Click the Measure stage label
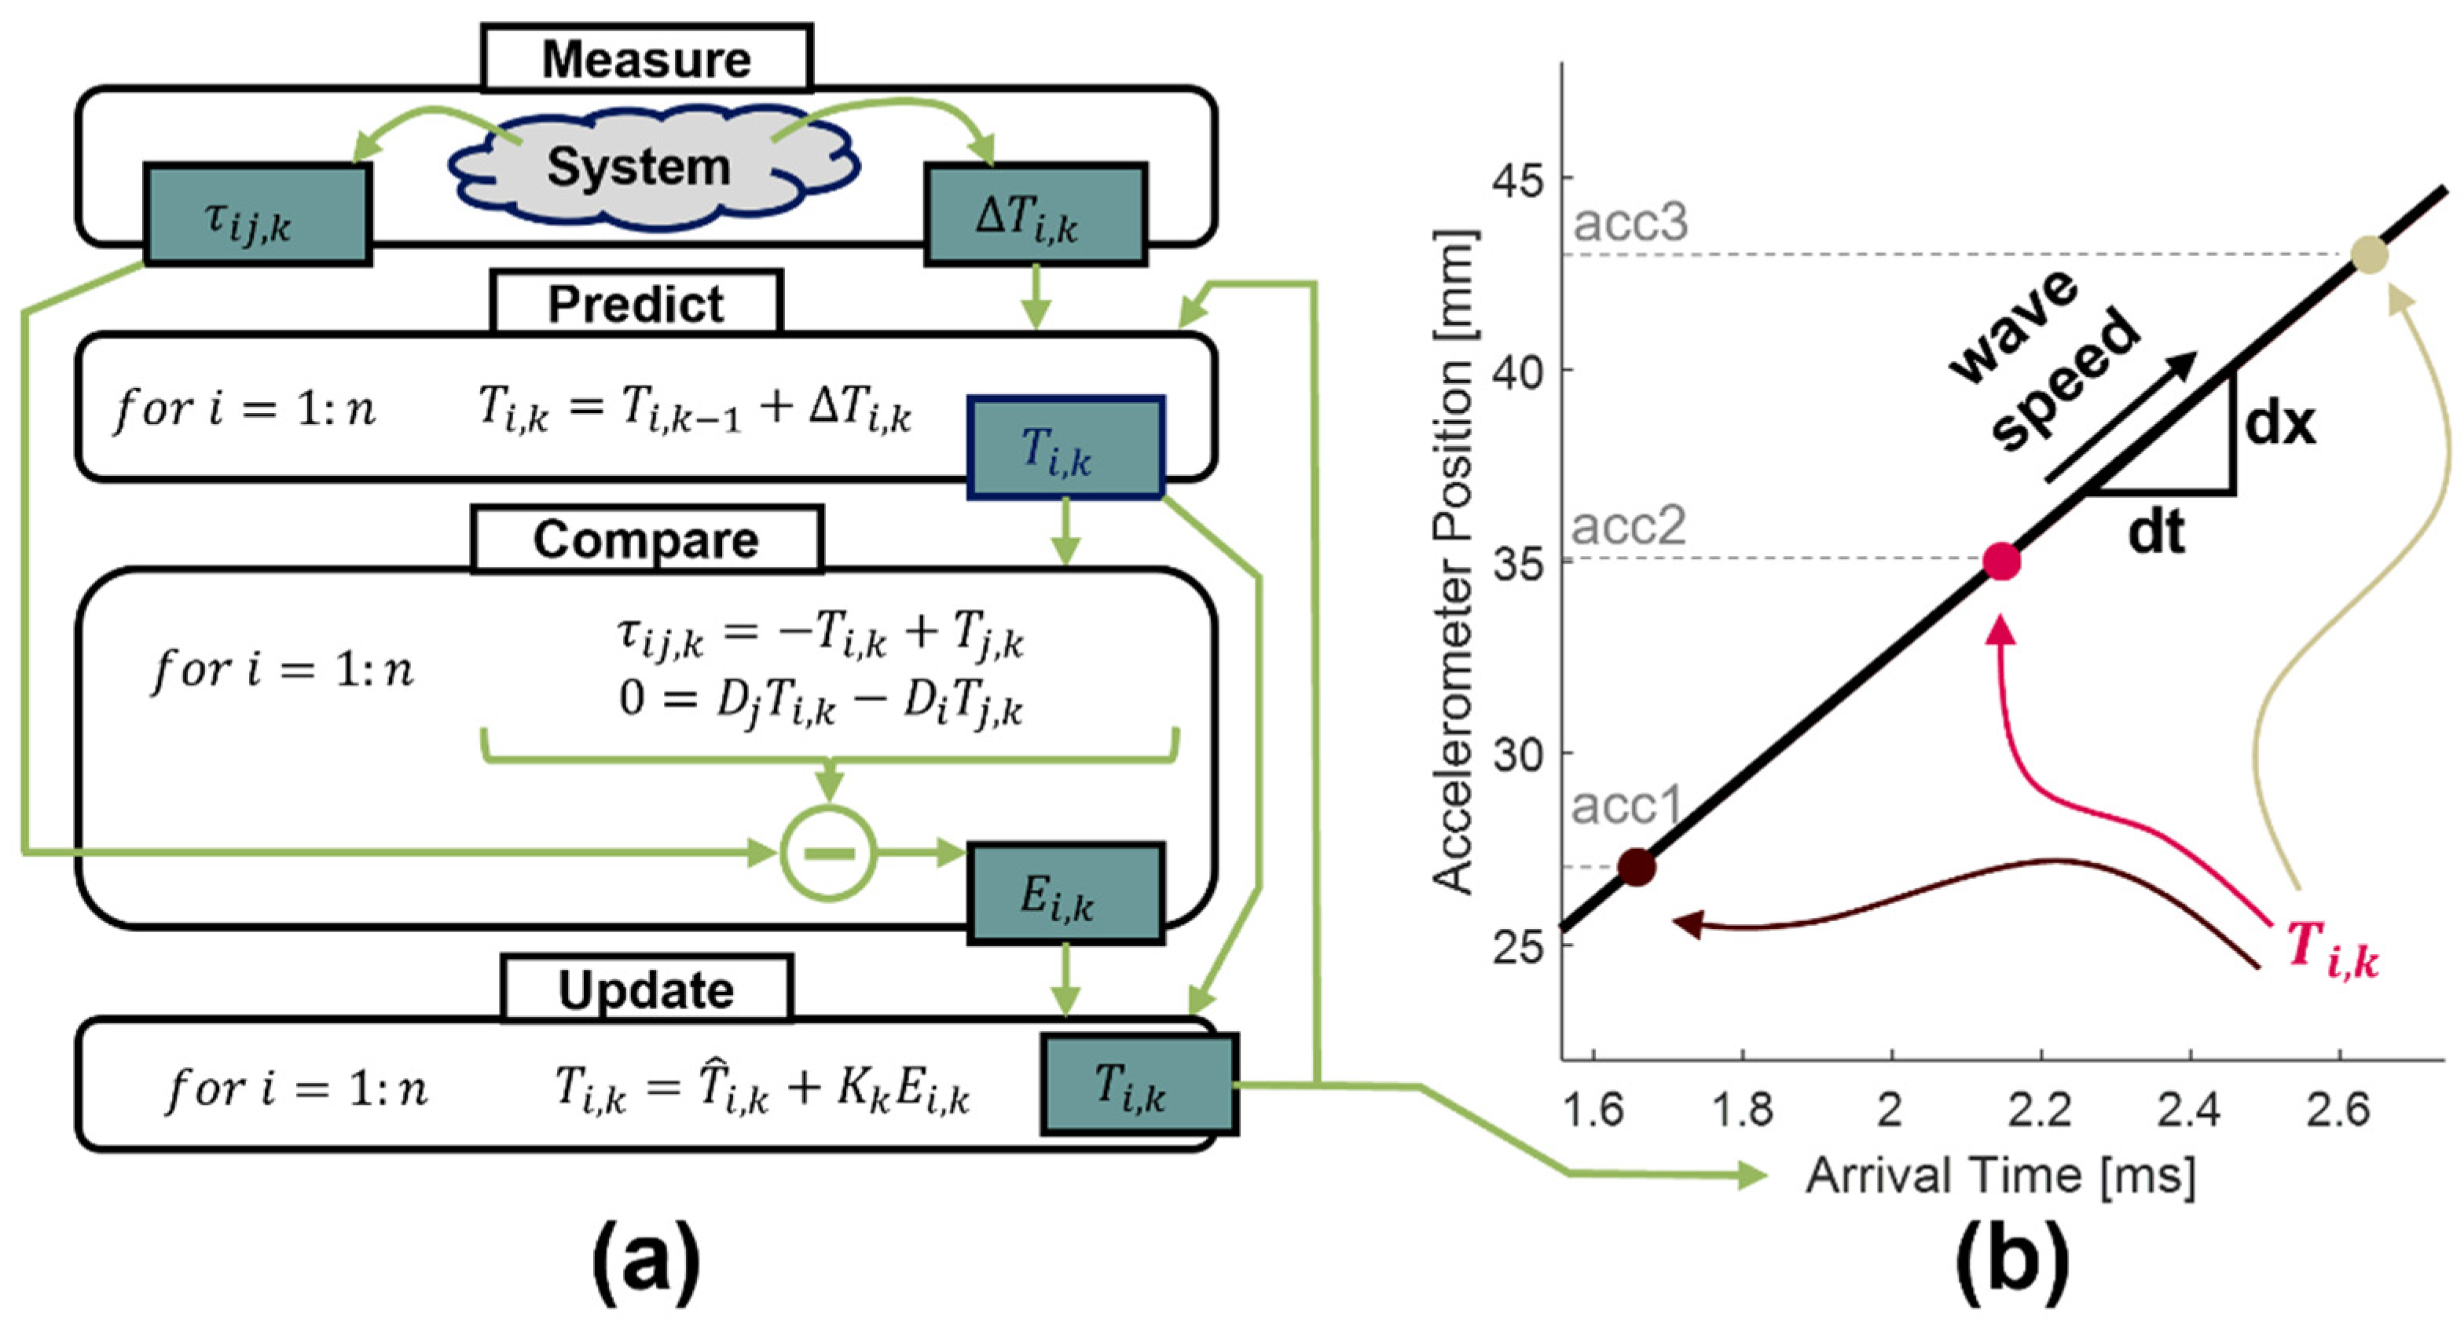click(x=647, y=60)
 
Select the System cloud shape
click(x=639, y=168)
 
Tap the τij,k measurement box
click(x=257, y=214)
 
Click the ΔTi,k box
click(x=1035, y=214)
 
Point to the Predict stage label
click(x=636, y=304)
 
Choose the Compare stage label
click(x=647, y=539)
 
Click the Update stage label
click(x=647, y=989)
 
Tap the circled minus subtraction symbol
click(x=828, y=853)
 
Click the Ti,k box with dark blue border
click(x=1065, y=448)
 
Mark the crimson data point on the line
click(x=2001, y=561)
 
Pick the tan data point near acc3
click(x=2368, y=255)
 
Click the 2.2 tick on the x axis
click(x=2040, y=1110)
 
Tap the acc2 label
click(x=1628, y=526)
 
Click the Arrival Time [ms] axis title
click(x=2000, y=1176)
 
